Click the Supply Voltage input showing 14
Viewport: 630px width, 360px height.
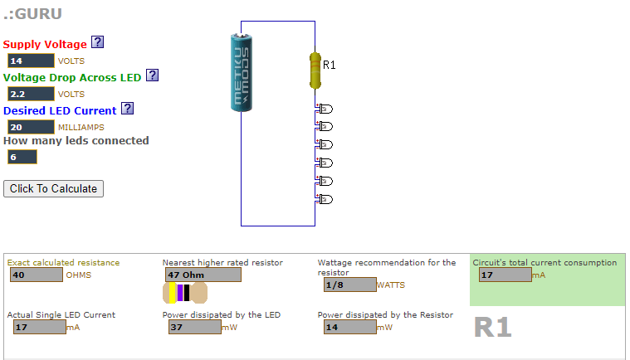pyautogui.click(x=30, y=61)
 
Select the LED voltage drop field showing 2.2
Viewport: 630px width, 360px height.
pyautogui.click(x=30, y=94)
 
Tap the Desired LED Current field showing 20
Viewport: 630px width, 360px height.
pyautogui.click(x=30, y=127)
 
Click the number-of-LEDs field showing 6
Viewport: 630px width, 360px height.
pyautogui.click(x=22, y=157)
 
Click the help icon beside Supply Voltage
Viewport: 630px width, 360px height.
pyautogui.click(x=97, y=43)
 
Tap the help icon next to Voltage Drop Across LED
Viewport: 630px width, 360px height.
pyautogui.click(x=152, y=75)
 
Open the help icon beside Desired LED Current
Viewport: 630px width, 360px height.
pyautogui.click(x=127, y=109)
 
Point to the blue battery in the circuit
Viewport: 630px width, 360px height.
pyautogui.click(x=242, y=72)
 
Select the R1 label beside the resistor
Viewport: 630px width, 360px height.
pyautogui.click(x=330, y=65)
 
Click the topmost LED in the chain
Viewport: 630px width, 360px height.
pyautogui.click(x=325, y=109)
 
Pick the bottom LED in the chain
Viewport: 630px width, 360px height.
pyautogui.click(x=325, y=199)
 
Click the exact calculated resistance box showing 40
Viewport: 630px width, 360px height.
pyautogui.click(x=37, y=275)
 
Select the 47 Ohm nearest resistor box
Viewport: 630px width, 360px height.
pyautogui.click(x=202, y=275)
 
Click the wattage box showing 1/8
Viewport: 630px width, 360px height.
pyautogui.click(x=349, y=285)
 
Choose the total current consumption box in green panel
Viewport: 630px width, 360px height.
pyautogui.click(x=505, y=275)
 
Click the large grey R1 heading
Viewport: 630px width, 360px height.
pyautogui.click(x=492, y=328)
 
